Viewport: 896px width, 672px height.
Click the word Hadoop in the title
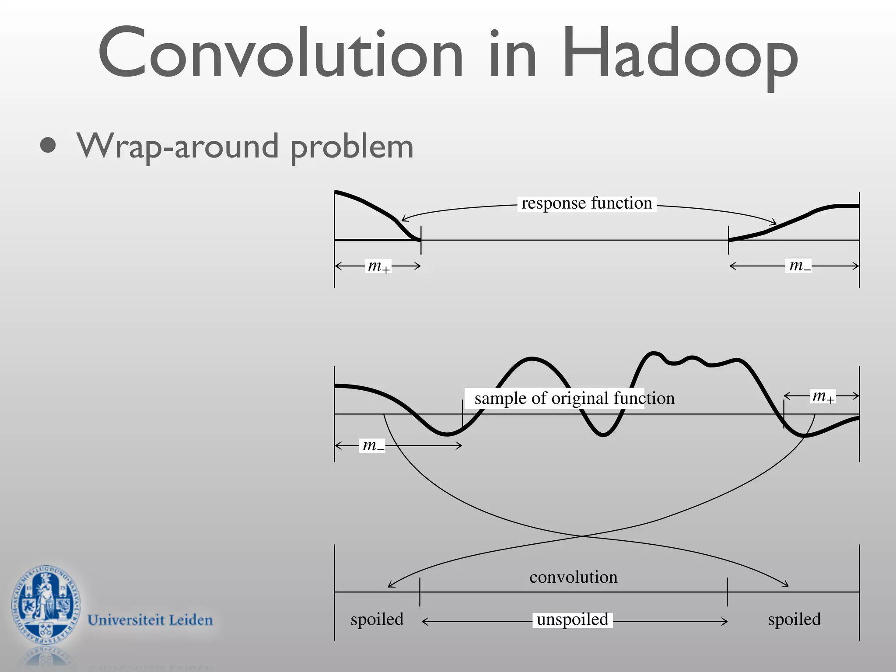(680, 55)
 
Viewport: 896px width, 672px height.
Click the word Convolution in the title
(280, 55)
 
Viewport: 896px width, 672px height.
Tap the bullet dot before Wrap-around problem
(48, 146)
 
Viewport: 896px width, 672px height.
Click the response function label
(587, 203)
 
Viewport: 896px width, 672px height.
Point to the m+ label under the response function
(378, 266)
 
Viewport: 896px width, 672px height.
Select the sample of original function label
(574, 398)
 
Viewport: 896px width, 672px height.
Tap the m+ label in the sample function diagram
(823, 396)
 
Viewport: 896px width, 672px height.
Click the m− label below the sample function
(373, 446)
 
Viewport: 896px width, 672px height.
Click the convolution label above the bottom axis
(573, 577)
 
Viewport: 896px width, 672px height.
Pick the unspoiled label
(572, 619)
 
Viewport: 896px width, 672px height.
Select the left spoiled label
(377, 619)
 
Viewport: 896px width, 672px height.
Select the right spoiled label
(794, 619)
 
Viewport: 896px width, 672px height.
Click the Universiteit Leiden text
(150, 620)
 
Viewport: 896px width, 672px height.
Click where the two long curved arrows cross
(582, 536)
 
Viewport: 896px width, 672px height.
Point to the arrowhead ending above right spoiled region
(787, 585)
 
